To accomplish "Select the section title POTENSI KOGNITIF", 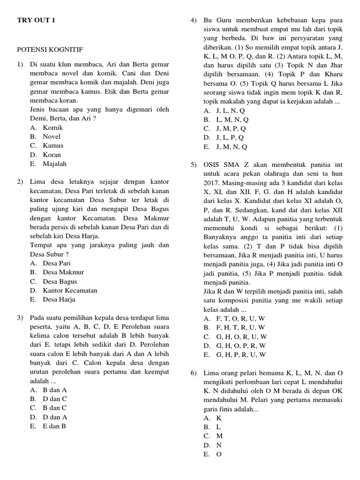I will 50,49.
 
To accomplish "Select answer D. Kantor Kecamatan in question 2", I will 63,290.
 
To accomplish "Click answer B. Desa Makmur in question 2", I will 57,272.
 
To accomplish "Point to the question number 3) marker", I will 21,318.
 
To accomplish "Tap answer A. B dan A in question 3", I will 48,390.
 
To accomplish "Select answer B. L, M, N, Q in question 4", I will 226,120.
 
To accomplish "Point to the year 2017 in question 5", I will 212,183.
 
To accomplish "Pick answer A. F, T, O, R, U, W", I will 234,318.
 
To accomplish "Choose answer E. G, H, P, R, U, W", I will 234,355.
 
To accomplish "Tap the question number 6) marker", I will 194,373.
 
